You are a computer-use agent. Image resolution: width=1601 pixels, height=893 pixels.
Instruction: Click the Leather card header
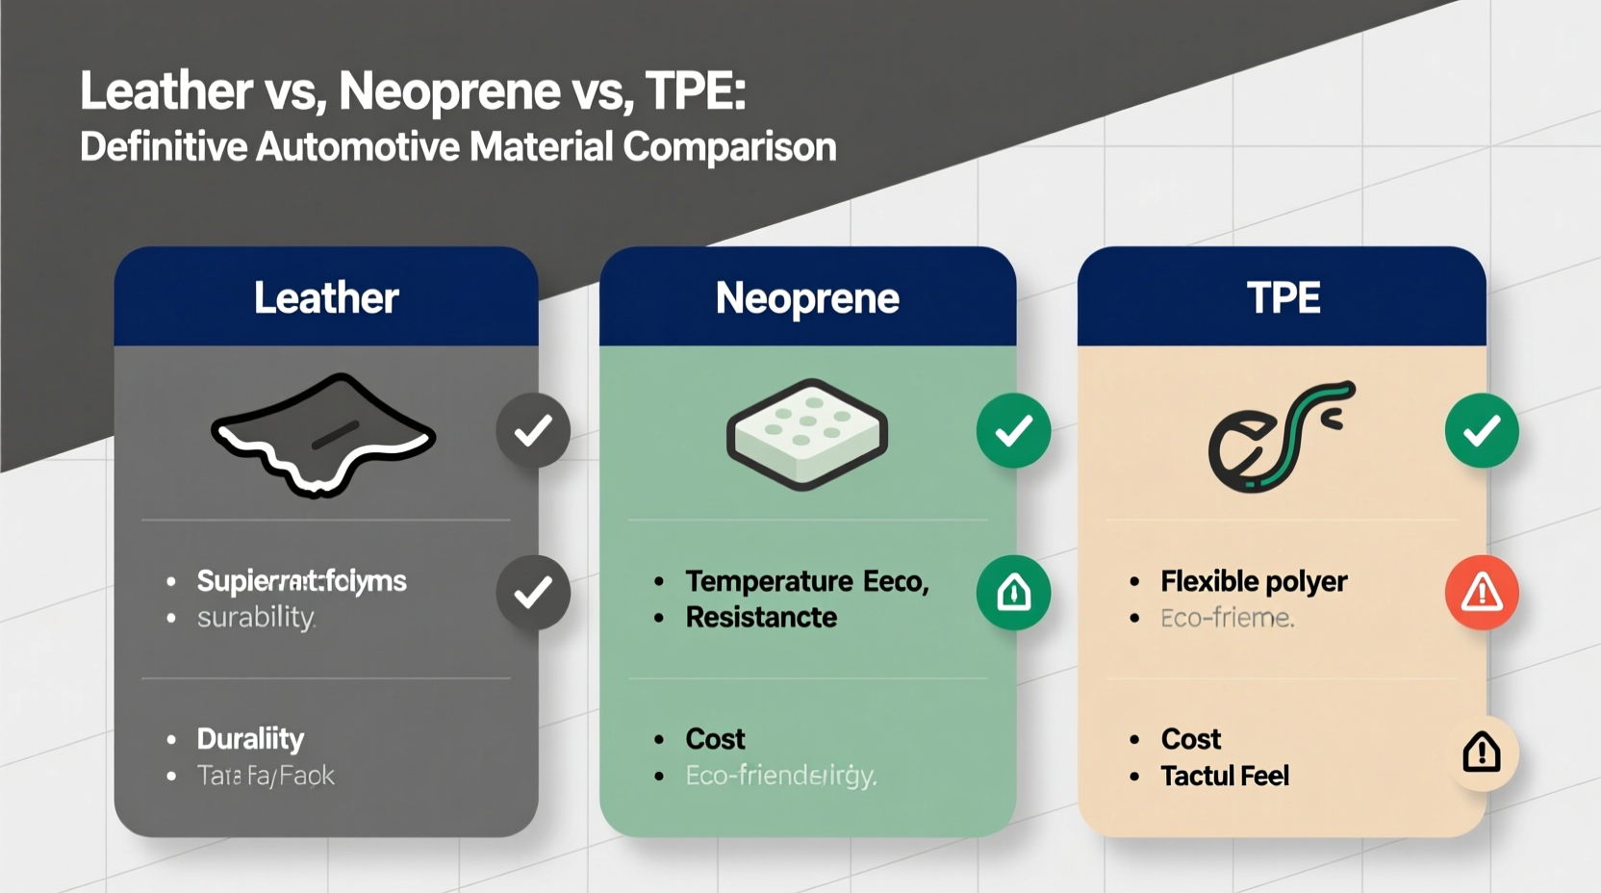pyautogui.click(x=325, y=297)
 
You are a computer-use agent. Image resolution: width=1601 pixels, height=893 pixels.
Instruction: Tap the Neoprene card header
pyautogui.click(x=807, y=297)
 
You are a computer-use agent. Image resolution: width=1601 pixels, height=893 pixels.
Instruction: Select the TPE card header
pyautogui.click(x=1282, y=297)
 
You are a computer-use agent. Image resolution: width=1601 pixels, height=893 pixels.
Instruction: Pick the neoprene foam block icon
pyautogui.click(x=806, y=434)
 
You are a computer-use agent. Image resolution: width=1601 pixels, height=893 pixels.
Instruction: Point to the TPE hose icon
pyautogui.click(x=1280, y=437)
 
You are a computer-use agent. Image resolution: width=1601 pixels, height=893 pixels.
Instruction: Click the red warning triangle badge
pyautogui.click(x=1482, y=593)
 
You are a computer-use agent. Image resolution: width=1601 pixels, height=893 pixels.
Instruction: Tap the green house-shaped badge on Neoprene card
pyautogui.click(x=1013, y=593)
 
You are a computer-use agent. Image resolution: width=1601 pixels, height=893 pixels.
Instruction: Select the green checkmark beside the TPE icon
pyautogui.click(x=1482, y=431)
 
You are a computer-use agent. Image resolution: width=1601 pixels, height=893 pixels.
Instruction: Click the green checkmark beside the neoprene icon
pyautogui.click(x=1013, y=431)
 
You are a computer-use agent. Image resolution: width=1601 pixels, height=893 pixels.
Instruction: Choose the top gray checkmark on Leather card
pyautogui.click(x=533, y=431)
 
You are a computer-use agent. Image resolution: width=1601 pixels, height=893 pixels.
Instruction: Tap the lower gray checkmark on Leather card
pyautogui.click(x=533, y=593)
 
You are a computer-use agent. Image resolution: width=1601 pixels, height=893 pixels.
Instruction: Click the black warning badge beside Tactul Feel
pyautogui.click(x=1482, y=753)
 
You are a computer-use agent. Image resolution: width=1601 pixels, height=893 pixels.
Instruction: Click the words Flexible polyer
pyautogui.click(x=1253, y=581)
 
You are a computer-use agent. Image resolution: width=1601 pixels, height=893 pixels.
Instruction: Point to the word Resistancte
pyautogui.click(x=761, y=618)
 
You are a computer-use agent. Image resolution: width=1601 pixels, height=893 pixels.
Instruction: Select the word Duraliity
pyautogui.click(x=250, y=739)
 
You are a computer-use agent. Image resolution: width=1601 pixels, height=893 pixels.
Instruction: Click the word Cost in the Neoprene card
pyautogui.click(x=715, y=739)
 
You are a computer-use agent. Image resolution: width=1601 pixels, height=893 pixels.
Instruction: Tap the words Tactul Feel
pyautogui.click(x=1224, y=776)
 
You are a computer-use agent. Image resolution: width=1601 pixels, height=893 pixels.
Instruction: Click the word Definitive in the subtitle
pyautogui.click(x=163, y=147)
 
